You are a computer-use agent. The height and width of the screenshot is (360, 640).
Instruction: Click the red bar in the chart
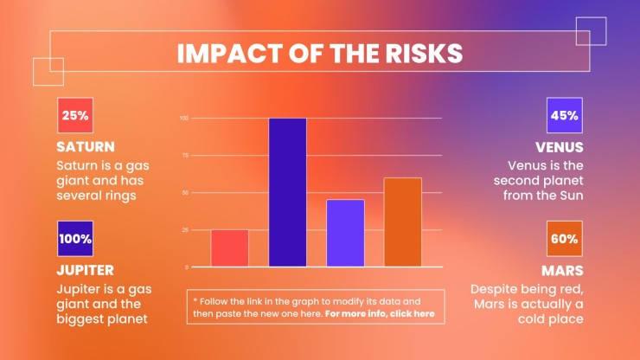229,248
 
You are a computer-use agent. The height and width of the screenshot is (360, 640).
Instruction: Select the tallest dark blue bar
287,192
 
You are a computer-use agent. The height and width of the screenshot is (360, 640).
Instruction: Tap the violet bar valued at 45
345,234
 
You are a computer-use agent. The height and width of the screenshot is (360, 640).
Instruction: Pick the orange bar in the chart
403,222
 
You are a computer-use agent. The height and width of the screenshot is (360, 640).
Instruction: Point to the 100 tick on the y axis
184,118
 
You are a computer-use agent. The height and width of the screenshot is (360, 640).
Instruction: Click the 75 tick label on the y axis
185,156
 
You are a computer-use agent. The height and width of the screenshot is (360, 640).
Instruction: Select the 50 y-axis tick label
185,193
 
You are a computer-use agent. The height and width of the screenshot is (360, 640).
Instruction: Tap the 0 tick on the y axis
187,267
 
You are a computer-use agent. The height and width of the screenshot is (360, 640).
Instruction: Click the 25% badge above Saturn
75,115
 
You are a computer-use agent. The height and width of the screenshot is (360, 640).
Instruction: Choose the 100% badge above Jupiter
75,239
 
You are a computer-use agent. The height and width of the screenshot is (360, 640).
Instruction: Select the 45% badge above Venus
565,115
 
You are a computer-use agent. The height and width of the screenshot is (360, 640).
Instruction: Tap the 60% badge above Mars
565,239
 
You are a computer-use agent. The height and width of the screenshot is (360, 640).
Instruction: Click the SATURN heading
86,147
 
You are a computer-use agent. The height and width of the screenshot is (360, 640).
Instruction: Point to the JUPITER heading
86,270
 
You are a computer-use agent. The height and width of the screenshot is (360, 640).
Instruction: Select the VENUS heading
560,147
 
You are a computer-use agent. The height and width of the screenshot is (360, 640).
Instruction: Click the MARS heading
562,271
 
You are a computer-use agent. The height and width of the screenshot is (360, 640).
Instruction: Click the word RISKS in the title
424,53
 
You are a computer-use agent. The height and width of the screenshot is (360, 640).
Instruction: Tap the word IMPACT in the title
230,53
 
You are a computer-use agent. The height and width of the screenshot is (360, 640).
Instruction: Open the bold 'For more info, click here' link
380,314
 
